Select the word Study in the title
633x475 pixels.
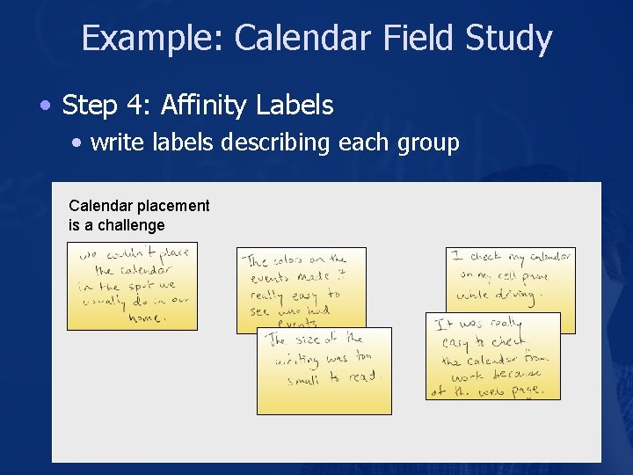point(509,39)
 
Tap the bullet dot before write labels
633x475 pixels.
point(79,142)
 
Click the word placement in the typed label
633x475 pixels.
point(173,206)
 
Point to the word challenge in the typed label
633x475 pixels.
point(131,225)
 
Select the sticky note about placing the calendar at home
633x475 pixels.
point(132,286)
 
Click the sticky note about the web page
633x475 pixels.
point(492,356)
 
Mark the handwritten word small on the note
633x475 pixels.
point(303,380)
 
